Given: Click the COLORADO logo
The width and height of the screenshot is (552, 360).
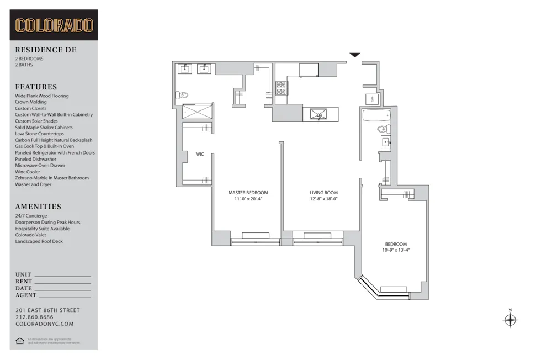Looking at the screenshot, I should point(54,25).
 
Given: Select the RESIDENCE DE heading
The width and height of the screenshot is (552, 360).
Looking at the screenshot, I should point(46,50).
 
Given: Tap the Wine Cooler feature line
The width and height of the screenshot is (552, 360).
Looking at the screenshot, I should point(28,172).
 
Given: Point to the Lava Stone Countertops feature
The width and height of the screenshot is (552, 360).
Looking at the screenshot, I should point(39,134).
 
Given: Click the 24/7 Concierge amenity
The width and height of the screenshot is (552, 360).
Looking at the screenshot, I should point(31,216).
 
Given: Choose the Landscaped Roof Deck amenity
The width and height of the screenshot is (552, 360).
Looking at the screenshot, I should point(39,241).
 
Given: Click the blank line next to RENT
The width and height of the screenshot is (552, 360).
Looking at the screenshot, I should point(62,283).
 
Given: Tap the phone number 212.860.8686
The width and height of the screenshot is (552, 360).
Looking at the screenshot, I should point(34,317).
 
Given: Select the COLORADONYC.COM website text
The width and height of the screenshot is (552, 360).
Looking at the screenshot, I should point(44,324).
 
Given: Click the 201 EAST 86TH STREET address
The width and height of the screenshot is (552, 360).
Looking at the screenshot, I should point(47,310).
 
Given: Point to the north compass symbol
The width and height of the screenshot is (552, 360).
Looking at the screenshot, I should point(510,320).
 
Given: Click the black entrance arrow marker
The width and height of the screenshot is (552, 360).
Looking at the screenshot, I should point(355,55).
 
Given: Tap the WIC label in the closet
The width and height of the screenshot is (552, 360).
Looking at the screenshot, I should point(200,154).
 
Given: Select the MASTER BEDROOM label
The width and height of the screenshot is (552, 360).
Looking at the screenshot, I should point(248,193).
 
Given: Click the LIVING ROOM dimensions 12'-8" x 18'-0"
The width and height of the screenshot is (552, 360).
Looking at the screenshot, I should point(323,199).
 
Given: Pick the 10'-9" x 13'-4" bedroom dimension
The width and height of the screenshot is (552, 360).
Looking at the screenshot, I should point(396,250).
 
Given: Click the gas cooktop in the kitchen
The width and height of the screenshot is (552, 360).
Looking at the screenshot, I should point(282,88).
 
